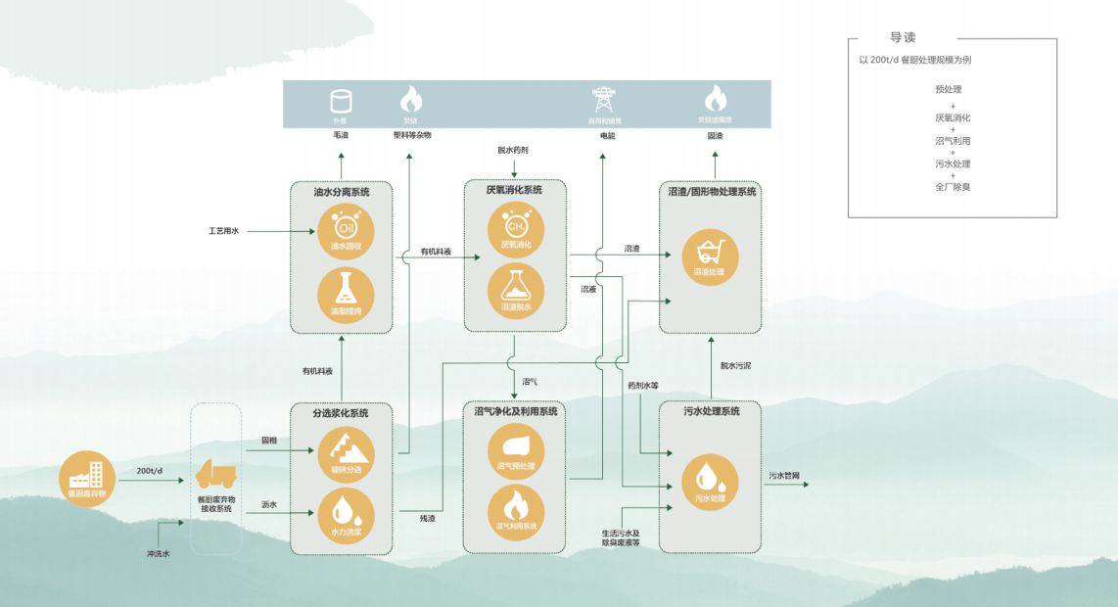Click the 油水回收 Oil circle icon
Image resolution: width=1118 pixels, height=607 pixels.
tap(341, 232)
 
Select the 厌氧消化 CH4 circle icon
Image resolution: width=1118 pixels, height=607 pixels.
tap(515, 232)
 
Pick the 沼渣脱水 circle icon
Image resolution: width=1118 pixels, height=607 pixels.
tap(515, 292)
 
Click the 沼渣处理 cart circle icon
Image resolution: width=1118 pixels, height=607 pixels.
tap(709, 257)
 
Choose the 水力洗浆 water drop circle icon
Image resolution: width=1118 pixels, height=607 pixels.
tap(346, 517)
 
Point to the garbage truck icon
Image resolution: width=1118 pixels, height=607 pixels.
tap(215, 475)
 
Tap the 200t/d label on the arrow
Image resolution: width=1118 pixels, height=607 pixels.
tap(149, 471)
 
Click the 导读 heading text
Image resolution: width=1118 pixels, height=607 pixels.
tap(903, 37)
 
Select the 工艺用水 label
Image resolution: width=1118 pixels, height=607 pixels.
tap(223, 232)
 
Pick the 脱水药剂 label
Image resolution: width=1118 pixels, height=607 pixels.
tap(513, 150)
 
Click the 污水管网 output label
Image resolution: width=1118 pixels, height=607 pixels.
tap(784, 476)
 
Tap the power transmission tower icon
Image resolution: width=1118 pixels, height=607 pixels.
tap(604, 99)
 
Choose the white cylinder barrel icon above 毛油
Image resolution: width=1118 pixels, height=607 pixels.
tap(341, 100)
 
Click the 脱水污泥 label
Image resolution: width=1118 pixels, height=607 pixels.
tap(735, 366)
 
